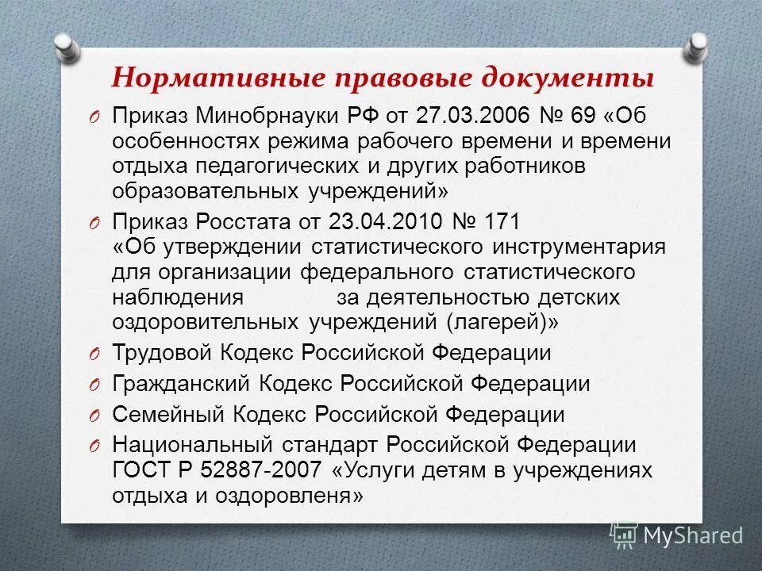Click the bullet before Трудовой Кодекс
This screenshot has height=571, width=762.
[x=94, y=354]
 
